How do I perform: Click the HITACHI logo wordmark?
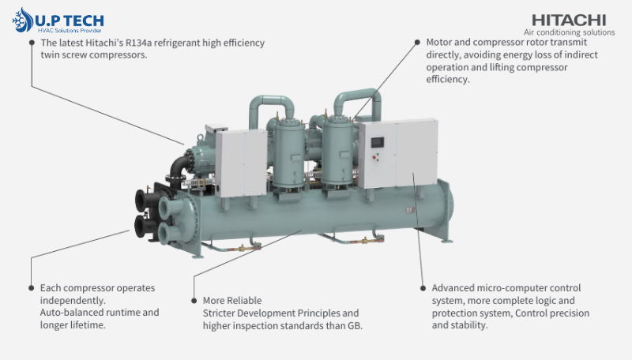tap(569, 21)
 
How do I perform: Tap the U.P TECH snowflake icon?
tap(23, 20)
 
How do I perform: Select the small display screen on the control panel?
tap(378, 143)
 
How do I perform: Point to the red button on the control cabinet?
tap(374, 154)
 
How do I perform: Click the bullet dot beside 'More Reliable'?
tap(194, 301)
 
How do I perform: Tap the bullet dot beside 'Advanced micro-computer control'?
tap(423, 288)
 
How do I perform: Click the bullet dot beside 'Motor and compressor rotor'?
tap(417, 43)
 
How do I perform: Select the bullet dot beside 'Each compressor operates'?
tap(32, 288)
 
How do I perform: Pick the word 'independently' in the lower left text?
tap(72, 301)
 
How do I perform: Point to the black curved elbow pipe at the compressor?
tap(179, 166)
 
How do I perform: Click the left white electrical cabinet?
tap(241, 163)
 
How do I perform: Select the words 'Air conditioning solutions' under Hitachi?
tap(569, 32)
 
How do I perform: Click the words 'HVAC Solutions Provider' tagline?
tap(70, 31)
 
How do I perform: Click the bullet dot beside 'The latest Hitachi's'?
tap(32, 43)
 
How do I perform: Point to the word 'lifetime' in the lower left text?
tap(88, 325)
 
